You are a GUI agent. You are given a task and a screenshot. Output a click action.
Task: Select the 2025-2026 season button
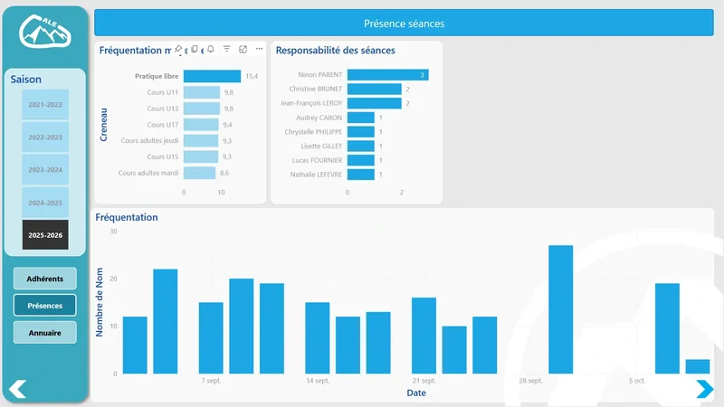coord(45,234)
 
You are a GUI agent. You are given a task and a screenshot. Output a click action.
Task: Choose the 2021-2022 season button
coord(45,105)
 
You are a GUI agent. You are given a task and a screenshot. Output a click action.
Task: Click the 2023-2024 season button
coord(45,169)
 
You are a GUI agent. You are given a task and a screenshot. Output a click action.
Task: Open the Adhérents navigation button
coord(45,279)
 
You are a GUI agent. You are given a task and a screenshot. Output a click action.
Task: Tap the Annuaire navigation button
coord(45,333)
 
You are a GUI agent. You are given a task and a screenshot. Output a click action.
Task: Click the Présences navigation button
coord(45,306)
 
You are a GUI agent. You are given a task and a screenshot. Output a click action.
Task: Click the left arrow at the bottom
coord(17,389)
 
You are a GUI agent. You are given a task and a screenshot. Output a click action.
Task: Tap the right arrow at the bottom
coord(704,389)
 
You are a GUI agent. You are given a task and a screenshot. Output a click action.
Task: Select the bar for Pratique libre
coord(212,76)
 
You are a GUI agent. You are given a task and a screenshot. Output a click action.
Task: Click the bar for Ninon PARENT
coord(387,74)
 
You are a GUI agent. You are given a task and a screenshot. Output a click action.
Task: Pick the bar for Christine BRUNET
coord(374,89)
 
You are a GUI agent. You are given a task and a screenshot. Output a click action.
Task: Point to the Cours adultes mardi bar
coord(199,173)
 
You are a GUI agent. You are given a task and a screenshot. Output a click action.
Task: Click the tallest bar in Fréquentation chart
coord(560,309)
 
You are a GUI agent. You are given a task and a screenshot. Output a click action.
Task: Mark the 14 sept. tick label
coord(318,381)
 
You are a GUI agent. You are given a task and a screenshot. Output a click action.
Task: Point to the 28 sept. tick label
coord(530,381)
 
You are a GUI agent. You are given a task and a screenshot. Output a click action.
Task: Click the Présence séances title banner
coord(404,24)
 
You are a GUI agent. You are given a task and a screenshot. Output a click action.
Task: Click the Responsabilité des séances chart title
coord(335,51)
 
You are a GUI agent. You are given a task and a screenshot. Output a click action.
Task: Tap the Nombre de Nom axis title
coord(100,302)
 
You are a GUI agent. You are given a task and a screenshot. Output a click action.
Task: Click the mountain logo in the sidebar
coord(44,33)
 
